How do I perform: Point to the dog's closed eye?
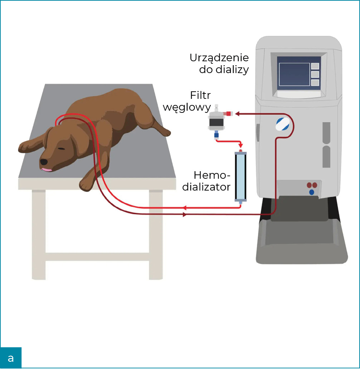coord(62,149)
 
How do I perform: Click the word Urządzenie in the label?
coord(219,57)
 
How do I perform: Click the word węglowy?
coord(187,107)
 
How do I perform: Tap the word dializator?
coord(206,187)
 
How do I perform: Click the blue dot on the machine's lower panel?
coord(312,192)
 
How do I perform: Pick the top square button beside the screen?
coord(315,66)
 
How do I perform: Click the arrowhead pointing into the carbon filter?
coord(237,114)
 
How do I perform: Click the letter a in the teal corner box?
coord(11,358)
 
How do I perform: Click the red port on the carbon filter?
coord(227,114)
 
